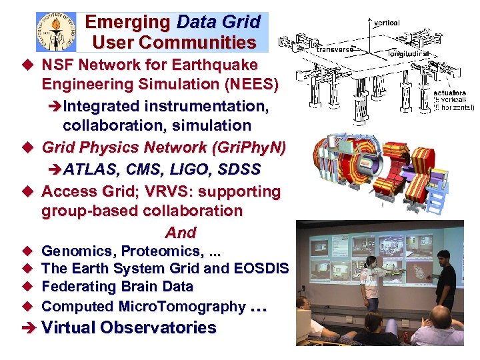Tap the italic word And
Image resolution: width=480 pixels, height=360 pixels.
click(181, 233)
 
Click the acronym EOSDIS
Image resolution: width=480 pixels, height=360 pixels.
click(261, 269)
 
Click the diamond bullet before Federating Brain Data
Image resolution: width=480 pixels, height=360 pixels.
click(27, 287)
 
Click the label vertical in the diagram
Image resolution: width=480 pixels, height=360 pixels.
click(387, 23)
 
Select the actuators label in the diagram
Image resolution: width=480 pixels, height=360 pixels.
click(449, 93)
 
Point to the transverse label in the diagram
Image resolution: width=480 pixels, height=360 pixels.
click(335, 49)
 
